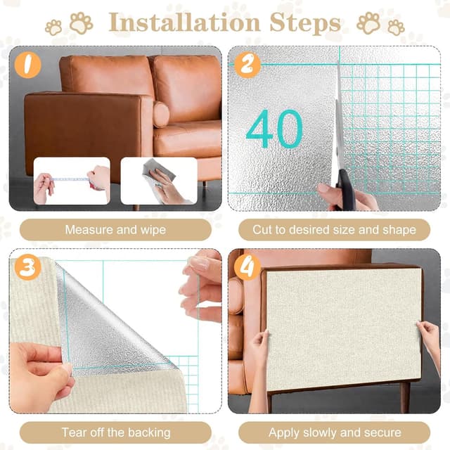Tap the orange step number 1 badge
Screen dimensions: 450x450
27,65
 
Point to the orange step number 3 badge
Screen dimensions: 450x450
27,267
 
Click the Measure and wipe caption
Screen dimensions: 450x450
115,230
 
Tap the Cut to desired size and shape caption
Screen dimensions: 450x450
334,230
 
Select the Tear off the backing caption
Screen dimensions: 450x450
115,432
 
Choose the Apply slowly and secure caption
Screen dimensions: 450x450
334,432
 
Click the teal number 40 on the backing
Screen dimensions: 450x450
274,129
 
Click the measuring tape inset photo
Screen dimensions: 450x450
72,181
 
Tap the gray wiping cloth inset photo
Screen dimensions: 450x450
159,181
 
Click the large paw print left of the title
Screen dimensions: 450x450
80,22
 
